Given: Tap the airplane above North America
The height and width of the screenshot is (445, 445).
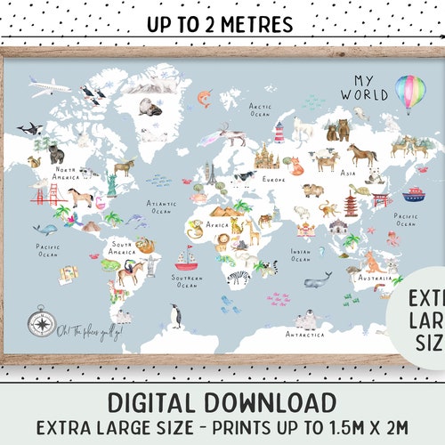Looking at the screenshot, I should [48, 85].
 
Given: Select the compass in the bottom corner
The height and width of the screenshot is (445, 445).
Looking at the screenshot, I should [41, 320].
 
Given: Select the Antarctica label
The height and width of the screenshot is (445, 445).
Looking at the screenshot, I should [305, 334].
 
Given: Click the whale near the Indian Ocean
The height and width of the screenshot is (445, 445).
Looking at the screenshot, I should [318, 282].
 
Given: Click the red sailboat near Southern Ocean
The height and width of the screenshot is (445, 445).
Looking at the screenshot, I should [185, 259].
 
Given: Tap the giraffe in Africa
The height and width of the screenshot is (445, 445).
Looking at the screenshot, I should [254, 231].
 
